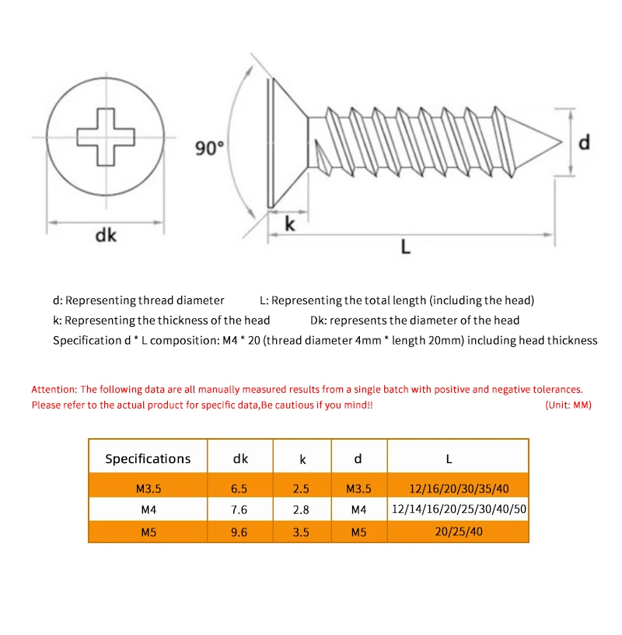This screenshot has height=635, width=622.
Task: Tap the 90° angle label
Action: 209,148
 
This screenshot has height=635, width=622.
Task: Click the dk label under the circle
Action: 106,234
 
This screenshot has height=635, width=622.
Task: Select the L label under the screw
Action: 405,247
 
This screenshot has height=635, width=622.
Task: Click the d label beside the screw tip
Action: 584,142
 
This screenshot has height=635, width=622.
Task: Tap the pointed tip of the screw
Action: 558,143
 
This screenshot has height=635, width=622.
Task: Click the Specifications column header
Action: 148,458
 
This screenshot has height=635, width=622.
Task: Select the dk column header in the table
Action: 240,458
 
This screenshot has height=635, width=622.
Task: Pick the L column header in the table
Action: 458,458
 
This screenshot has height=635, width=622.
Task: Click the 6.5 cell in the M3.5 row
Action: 239,489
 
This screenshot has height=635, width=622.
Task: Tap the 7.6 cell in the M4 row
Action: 239,510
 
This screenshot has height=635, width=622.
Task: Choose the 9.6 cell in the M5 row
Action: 239,532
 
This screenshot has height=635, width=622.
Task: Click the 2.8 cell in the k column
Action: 302,510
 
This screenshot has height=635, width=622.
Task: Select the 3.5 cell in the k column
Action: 302,532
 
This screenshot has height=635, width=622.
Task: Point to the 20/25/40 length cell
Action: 458,532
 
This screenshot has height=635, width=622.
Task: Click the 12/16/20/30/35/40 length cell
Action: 458,489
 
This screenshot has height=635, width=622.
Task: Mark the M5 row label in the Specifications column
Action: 148,532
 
